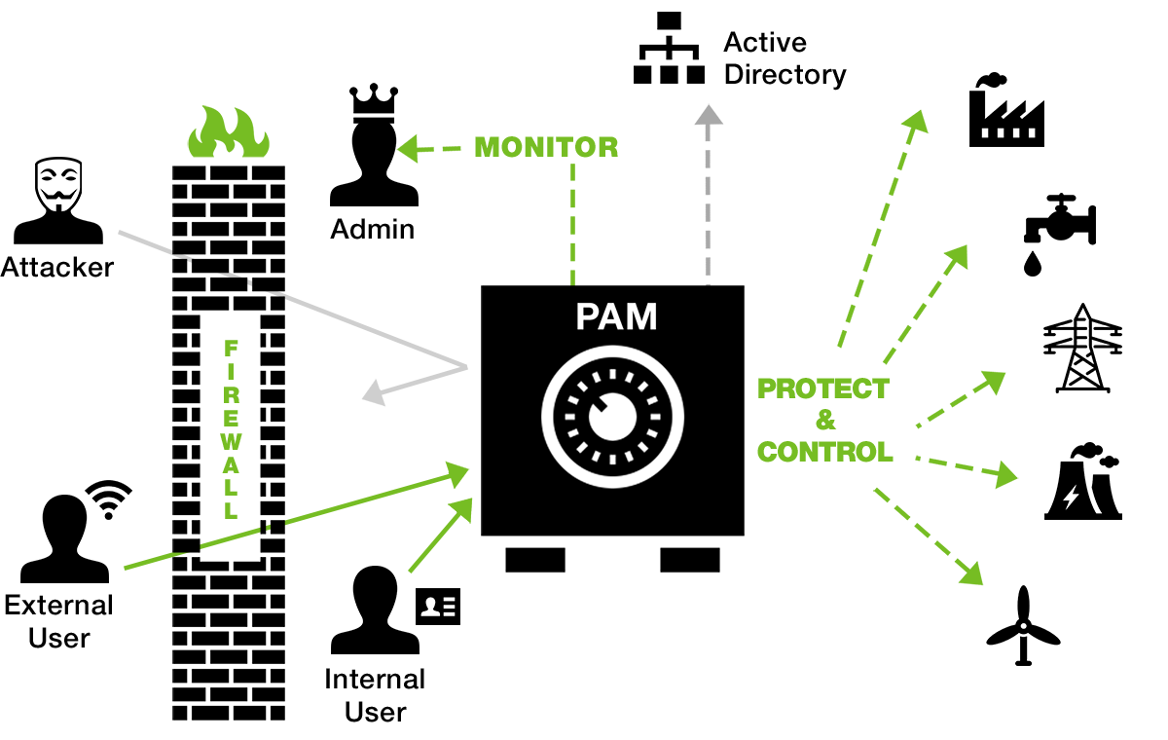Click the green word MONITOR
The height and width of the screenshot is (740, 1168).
pos(546,147)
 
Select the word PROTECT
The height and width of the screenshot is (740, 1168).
pos(822,389)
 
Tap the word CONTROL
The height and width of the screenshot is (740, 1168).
pos(824,452)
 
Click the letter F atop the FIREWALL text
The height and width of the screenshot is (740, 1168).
pos(231,348)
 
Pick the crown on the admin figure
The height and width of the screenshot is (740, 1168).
pos(374,94)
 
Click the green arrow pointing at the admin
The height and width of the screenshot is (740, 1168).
pos(417,149)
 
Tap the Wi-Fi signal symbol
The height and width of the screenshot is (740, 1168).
pos(109,498)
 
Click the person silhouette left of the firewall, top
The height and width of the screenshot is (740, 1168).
pos(57,200)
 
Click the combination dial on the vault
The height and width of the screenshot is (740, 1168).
pos(612,416)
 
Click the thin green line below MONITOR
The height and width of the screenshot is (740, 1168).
pos(572,224)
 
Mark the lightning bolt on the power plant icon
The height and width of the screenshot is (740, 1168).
pos(1070,498)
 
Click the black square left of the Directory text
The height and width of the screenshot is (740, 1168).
pos(669,47)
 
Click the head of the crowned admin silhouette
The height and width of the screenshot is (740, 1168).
pos(374,141)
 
